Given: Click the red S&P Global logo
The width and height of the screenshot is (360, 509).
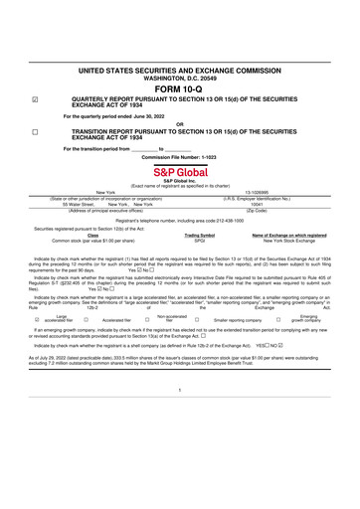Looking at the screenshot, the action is tap(179, 172).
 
